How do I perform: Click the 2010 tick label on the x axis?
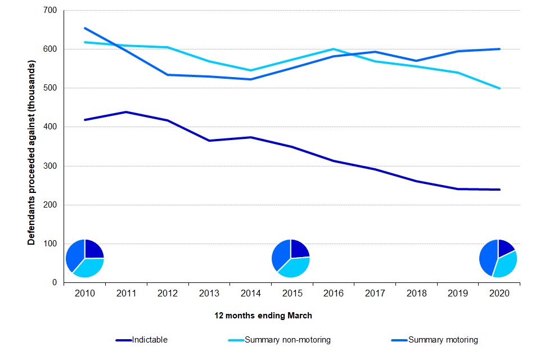84,294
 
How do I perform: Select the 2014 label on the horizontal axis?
250,294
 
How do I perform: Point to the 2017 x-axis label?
375,294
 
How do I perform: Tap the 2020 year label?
499,294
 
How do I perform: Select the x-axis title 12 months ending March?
263,316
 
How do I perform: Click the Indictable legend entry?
150,340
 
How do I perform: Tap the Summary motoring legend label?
443,340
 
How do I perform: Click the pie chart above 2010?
85,258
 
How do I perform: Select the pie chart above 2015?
291,258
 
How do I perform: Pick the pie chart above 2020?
498,258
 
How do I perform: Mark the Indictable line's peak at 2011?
126,112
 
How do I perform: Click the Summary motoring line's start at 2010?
85,28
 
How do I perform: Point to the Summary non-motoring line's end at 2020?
499,88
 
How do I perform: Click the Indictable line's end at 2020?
499,190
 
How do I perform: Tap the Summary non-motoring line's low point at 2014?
250,70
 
